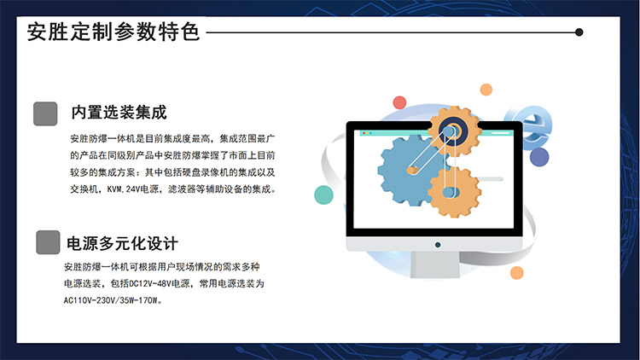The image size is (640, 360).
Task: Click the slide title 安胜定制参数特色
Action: click(x=113, y=32)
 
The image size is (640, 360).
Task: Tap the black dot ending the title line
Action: click(x=579, y=32)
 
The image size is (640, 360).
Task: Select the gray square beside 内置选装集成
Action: click(x=45, y=113)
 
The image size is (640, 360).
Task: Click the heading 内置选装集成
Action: click(x=119, y=113)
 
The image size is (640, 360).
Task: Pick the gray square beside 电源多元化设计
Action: click(x=48, y=242)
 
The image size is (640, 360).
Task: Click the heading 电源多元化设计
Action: click(x=122, y=244)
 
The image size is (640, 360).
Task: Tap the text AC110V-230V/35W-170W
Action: click(x=110, y=301)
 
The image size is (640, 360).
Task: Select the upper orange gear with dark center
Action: click(x=454, y=131)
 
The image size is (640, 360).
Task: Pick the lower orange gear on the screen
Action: click(x=454, y=192)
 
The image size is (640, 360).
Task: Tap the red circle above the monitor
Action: click(x=399, y=102)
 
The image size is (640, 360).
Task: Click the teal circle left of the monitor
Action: click(x=323, y=195)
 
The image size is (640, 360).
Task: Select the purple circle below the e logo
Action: click(x=539, y=157)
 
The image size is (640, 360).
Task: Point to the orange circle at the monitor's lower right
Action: click(x=517, y=273)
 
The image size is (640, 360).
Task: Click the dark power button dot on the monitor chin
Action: click(x=438, y=245)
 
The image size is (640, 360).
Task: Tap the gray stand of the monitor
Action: click(x=435, y=264)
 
